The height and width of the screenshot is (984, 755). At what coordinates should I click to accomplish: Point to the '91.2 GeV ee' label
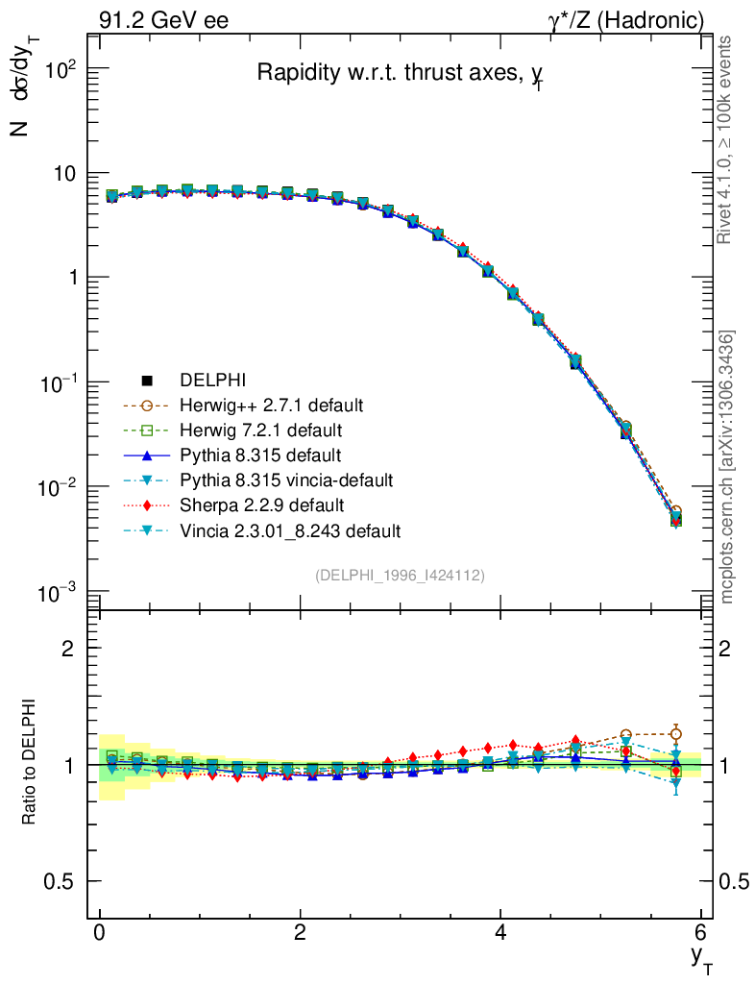pyautogui.click(x=163, y=20)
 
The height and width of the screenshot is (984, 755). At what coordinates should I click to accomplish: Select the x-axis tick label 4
pyautogui.click(x=500, y=933)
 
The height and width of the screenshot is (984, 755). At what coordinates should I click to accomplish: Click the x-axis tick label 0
pyautogui.click(x=99, y=933)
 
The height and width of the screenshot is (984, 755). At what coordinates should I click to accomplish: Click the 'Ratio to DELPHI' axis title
pyautogui.click(x=32, y=764)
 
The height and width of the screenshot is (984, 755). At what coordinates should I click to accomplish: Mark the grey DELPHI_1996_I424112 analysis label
pyautogui.click(x=400, y=575)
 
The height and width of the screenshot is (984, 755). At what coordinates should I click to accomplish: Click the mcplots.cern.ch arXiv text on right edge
pyautogui.click(x=728, y=467)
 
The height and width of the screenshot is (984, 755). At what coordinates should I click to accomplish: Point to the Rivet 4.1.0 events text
pyautogui.click(x=728, y=140)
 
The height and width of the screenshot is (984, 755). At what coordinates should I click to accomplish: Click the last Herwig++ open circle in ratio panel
pyautogui.click(x=676, y=734)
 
